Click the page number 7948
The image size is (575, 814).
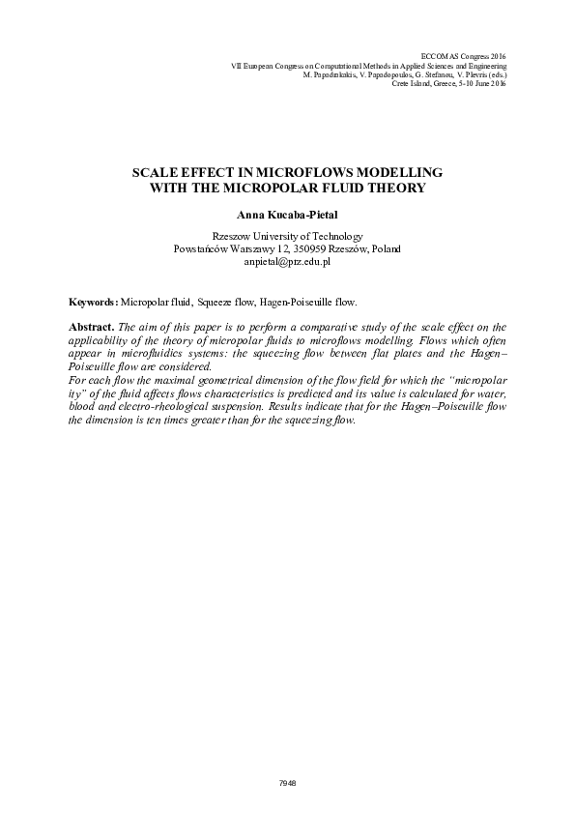pyautogui.click(x=287, y=781)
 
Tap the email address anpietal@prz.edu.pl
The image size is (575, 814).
pyautogui.click(x=287, y=261)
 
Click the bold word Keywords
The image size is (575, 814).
pyautogui.click(x=93, y=303)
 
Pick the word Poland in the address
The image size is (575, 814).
pyautogui.click(x=385, y=248)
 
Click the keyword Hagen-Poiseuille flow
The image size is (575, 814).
pyautogui.click(x=315, y=303)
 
